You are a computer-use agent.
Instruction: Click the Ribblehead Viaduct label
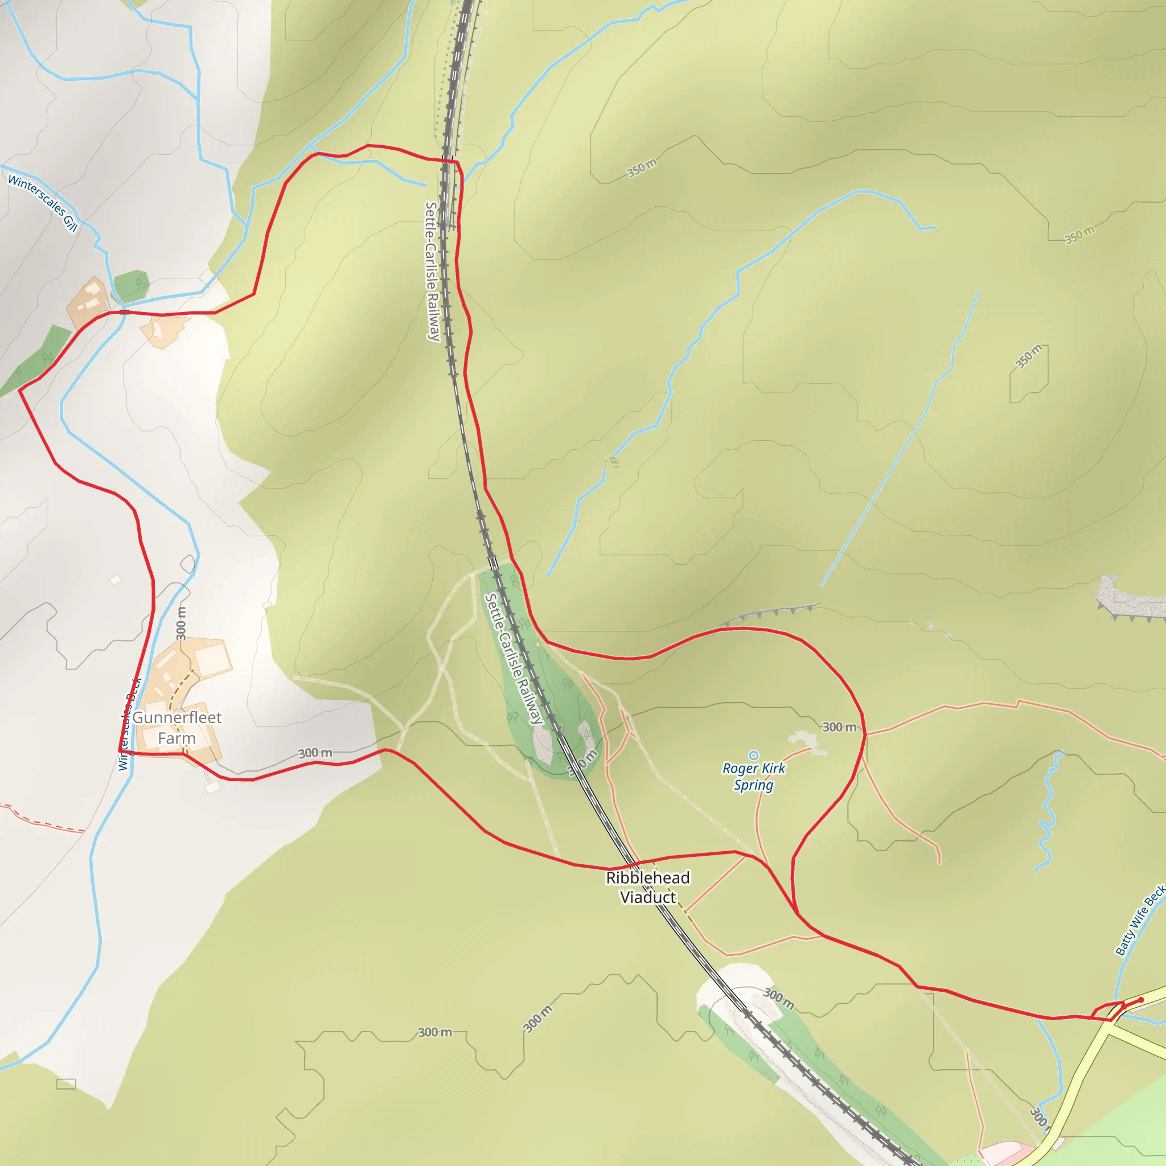click(647, 887)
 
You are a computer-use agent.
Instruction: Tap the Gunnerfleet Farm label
click(177, 727)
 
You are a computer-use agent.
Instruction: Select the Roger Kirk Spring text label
click(754, 776)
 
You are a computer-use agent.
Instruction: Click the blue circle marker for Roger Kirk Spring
click(753, 755)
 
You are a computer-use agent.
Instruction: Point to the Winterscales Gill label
click(43, 203)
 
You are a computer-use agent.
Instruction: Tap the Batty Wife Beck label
click(1139, 921)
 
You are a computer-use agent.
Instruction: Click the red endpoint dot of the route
click(1140, 1000)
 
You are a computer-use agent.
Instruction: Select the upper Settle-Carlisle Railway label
click(432, 271)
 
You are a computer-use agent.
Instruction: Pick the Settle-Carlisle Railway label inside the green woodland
click(514, 658)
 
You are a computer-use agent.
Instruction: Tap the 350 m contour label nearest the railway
click(642, 168)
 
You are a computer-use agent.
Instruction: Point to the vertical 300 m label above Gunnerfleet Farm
click(181, 623)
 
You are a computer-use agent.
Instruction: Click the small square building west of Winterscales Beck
click(115, 580)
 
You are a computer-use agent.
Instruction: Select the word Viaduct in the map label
click(647, 897)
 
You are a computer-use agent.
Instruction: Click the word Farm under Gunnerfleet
click(176, 738)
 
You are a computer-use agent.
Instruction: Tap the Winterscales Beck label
click(129, 724)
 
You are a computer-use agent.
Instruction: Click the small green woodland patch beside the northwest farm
click(132, 285)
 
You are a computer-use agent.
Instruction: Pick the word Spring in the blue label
click(753, 785)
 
